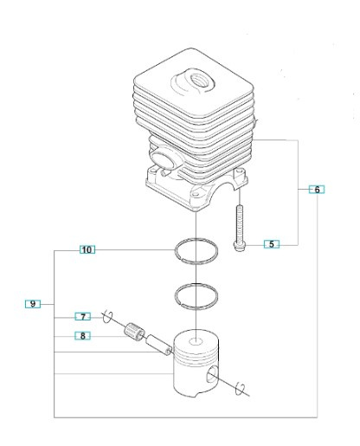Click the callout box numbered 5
[272, 244]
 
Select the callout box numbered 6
[317, 189]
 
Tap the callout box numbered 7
[82, 317]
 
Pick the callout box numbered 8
[82, 335]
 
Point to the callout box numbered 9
[32, 304]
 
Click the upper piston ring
[197, 250]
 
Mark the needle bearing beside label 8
[135, 331]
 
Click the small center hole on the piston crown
[197, 340]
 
